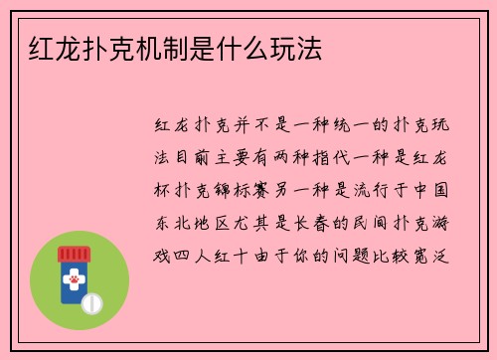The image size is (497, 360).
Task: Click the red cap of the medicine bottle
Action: pyautogui.click(x=73, y=253)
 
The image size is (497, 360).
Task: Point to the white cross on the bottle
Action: pyautogui.click(x=73, y=272)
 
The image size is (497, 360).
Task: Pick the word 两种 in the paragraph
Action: pyautogui.click(x=304, y=159)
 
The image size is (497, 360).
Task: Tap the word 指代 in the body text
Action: pyautogui.click(x=347, y=159)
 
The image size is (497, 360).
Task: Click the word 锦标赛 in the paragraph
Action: pyautogui.click(x=248, y=192)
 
